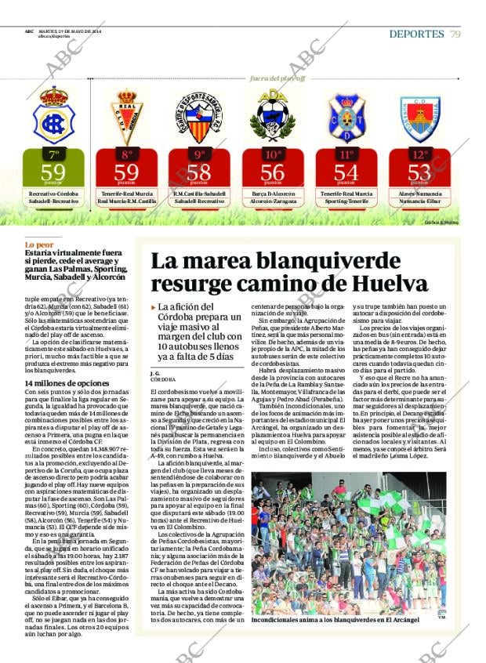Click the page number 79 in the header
455,34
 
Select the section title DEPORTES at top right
416,34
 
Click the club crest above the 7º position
53,116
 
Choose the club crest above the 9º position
199,117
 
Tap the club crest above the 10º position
272,116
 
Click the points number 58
199,172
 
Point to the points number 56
272,172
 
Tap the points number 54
346,172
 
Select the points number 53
419,172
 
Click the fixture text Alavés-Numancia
419,194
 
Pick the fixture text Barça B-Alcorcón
272,194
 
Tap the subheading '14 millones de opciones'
67,383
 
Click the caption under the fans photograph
335,620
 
